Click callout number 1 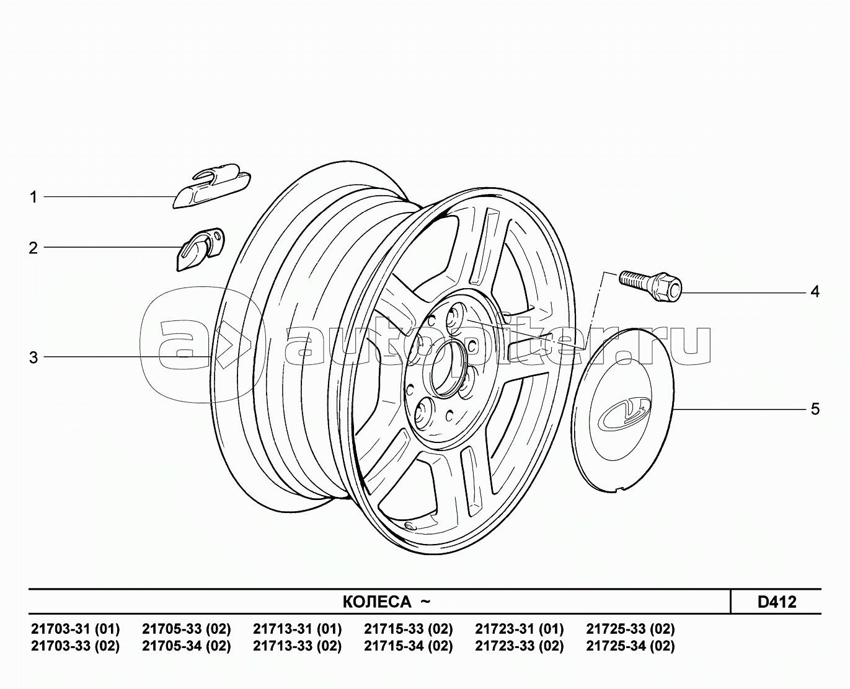tap(34, 197)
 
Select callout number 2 tap(33, 248)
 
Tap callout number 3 tap(33, 358)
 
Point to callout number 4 tap(815, 292)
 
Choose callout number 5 tap(815, 410)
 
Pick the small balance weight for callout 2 tap(200, 250)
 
